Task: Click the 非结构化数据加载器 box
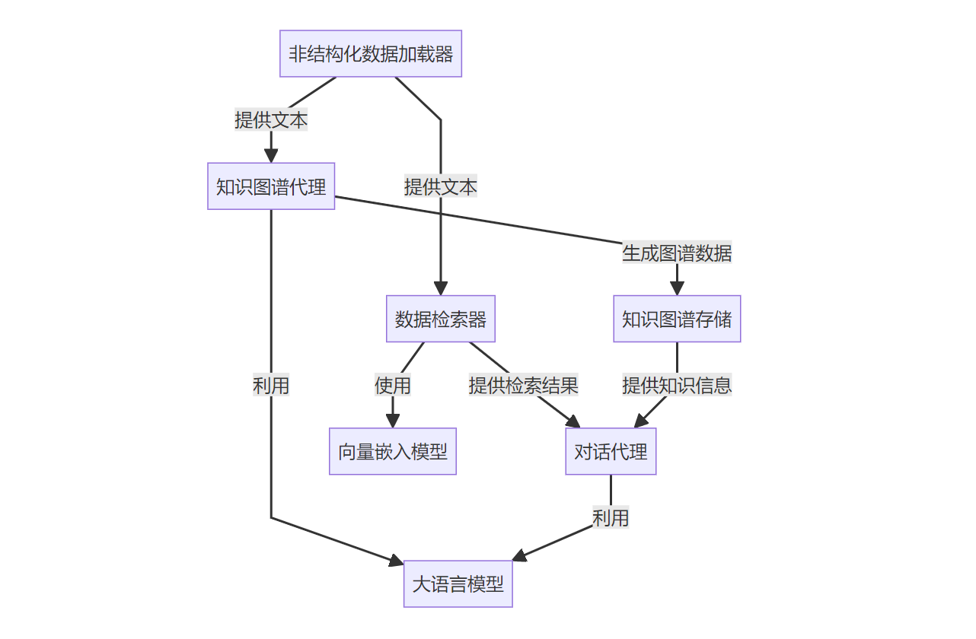(x=371, y=54)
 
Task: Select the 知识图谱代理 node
(x=271, y=186)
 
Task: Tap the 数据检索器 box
(x=441, y=319)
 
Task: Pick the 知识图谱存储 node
(x=677, y=319)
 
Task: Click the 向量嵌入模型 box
(x=393, y=451)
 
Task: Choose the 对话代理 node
(x=611, y=451)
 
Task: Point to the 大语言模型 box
(x=458, y=584)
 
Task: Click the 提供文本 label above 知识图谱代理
(x=271, y=120)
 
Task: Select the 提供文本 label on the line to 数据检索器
(x=441, y=186)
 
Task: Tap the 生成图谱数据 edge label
(x=677, y=253)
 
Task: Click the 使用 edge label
(x=393, y=386)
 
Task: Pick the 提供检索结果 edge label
(x=524, y=386)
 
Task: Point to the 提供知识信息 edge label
(x=677, y=386)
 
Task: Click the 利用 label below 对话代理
(x=611, y=518)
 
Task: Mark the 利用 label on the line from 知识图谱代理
(x=271, y=386)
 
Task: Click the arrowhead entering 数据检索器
(x=441, y=288)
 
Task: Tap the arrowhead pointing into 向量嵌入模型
(x=393, y=421)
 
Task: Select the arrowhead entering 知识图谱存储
(x=677, y=288)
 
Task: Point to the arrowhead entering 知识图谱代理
(x=271, y=156)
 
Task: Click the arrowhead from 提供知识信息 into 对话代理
(x=641, y=421)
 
